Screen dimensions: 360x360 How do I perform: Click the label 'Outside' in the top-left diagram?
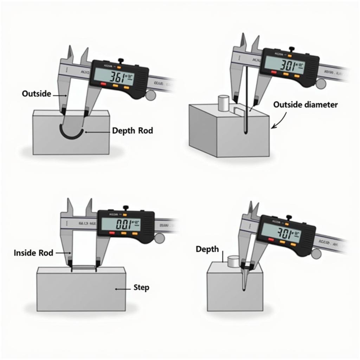pos(36,94)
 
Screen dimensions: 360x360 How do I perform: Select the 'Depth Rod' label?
pos(133,131)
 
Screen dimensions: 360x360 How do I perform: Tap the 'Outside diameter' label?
pos(305,104)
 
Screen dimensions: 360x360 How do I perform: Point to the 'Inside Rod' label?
pos(33,252)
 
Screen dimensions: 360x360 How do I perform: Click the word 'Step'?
pos(141,288)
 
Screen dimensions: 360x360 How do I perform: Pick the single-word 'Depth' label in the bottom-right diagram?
pos(207,249)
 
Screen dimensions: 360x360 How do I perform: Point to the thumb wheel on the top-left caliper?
pos(151,95)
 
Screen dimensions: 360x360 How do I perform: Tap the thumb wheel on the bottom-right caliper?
pos(316,253)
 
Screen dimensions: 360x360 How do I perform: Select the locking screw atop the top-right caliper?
pos(291,49)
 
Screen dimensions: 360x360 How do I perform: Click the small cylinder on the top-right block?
pos(224,102)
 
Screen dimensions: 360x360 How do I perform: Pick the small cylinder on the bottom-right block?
pos(233,261)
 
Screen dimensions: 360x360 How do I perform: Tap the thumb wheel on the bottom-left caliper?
pos(159,238)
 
